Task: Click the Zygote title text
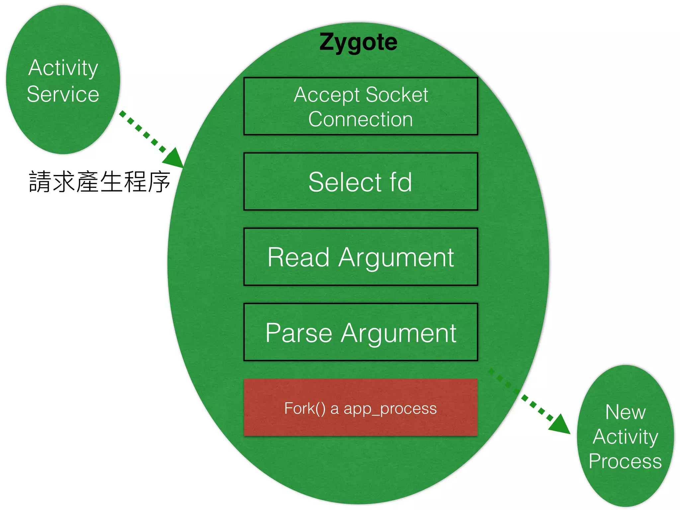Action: point(358,42)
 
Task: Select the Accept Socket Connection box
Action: point(361,106)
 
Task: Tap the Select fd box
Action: point(361,182)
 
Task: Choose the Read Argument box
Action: point(361,257)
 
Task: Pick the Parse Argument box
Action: point(361,332)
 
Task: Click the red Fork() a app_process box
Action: point(361,407)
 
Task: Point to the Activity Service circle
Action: point(63,80)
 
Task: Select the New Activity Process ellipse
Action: point(625,436)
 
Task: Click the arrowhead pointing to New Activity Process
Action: point(560,425)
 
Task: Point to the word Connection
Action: point(361,119)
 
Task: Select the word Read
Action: point(298,257)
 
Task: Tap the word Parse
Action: point(299,333)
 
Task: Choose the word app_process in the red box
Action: point(390,409)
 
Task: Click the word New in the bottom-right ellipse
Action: point(626,412)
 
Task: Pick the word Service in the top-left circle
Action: point(63,94)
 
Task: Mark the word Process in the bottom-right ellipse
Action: point(625,461)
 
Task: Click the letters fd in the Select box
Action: point(401,182)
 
